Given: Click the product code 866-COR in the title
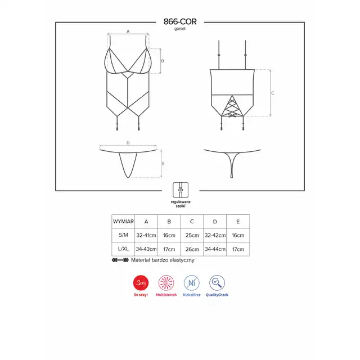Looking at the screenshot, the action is (x=180, y=21).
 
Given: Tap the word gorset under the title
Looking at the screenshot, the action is (x=180, y=29).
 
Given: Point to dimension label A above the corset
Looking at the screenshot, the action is (x=128, y=31).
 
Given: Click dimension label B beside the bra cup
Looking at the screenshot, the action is (x=163, y=61).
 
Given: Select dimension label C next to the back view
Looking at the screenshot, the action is (x=272, y=93).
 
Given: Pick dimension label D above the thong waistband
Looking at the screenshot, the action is (x=128, y=143).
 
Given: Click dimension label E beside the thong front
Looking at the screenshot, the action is (x=163, y=164).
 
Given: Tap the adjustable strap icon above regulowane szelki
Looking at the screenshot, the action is (x=181, y=190).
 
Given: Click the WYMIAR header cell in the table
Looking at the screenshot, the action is (x=123, y=222).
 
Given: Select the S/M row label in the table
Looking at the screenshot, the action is (x=123, y=235).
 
